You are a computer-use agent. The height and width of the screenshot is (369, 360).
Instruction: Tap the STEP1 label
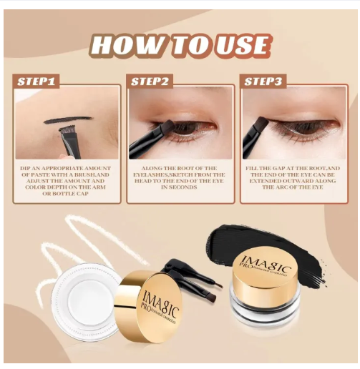36,82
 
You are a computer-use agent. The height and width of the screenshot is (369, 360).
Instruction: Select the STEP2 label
150,82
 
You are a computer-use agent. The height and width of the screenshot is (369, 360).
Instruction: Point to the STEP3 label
264,82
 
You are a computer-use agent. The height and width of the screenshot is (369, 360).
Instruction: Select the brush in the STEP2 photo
147,140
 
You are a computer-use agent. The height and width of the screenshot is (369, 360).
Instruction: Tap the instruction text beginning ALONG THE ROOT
180,178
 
